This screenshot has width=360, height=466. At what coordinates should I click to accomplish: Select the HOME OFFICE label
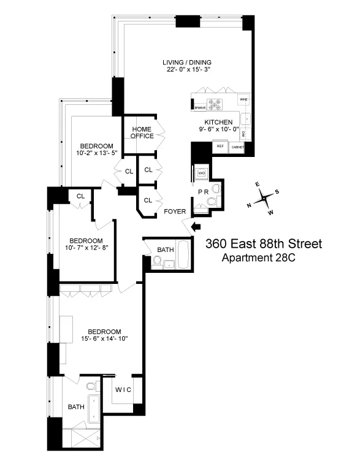[142, 132]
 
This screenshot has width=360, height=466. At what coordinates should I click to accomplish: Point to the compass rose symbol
[264, 197]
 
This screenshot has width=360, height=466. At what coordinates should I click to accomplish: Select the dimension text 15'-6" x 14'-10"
[100, 338]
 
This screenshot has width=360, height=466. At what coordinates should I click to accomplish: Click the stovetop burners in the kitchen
[216, 104]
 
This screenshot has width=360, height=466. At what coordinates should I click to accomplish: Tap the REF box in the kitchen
[219, 147]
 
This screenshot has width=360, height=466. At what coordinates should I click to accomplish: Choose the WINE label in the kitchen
[243, 99]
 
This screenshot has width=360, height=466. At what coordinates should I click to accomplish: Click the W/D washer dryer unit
[201, 173]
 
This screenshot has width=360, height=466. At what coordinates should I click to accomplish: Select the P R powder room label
[204, 192]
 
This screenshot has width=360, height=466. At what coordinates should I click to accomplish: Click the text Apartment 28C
[258, 258]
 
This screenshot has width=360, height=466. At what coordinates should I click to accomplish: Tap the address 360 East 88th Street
[263, 244]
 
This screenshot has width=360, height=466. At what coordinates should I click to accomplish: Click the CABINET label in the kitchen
[237, 147]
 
